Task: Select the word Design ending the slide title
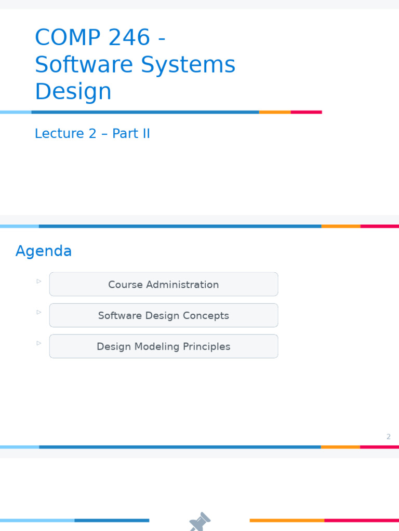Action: pos(73,92)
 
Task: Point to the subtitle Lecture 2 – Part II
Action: pos(92,134)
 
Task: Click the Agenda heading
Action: pos(44,251)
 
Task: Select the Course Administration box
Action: pos(164,284)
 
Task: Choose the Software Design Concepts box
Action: pos(164,315)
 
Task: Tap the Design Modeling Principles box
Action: pos(164,346)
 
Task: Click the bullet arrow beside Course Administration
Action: pos(39,281)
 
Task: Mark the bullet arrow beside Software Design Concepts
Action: pos(39,312)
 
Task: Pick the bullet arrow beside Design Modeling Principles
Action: pos(39,343)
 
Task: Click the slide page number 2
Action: pos(388,437)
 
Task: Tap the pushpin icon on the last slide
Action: pos(199,522)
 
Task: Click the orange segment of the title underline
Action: pos(275,112)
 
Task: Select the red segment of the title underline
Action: pos(306,112)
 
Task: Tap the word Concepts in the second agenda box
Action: pos(208,315)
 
